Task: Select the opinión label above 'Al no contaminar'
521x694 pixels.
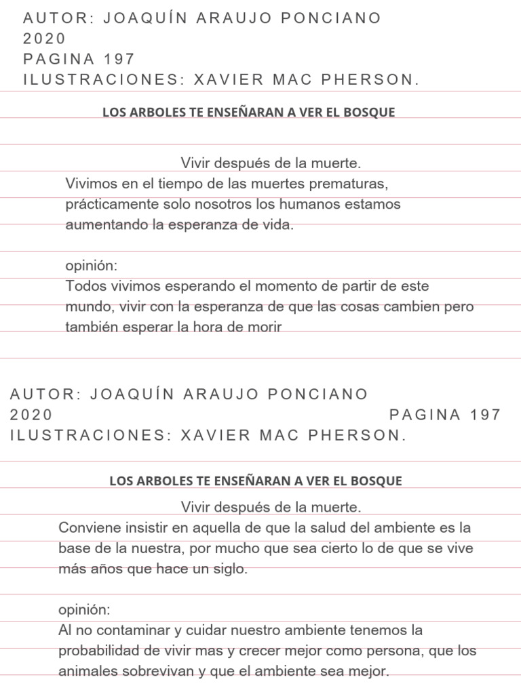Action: coord(84,610)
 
